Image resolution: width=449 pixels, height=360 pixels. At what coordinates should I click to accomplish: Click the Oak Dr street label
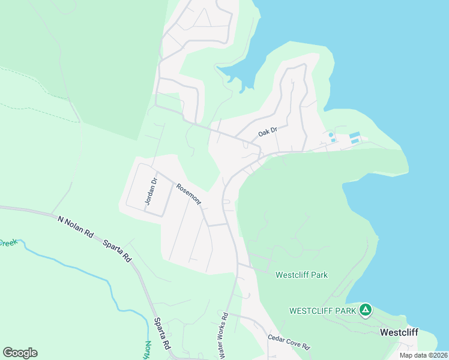pos(268,130)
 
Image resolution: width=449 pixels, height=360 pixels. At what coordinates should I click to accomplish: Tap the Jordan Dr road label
pos(151,191)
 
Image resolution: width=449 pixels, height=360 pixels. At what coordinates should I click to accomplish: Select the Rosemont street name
pos(188,194)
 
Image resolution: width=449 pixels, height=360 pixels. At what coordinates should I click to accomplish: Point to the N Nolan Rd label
pos(75,227)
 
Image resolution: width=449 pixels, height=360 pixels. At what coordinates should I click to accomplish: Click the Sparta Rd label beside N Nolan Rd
pos(117,250)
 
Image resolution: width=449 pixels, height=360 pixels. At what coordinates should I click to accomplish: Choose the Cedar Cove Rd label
pos(288,343)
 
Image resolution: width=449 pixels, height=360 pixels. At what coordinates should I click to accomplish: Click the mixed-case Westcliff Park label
pos(301,275)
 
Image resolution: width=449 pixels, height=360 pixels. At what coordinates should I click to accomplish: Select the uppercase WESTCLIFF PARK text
pos(323,311)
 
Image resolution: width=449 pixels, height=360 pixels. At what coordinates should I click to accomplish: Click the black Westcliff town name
pos(399,332)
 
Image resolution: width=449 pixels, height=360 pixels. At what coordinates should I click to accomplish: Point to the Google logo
pos(20,353)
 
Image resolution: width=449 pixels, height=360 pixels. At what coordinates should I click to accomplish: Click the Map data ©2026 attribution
pos(423,355)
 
